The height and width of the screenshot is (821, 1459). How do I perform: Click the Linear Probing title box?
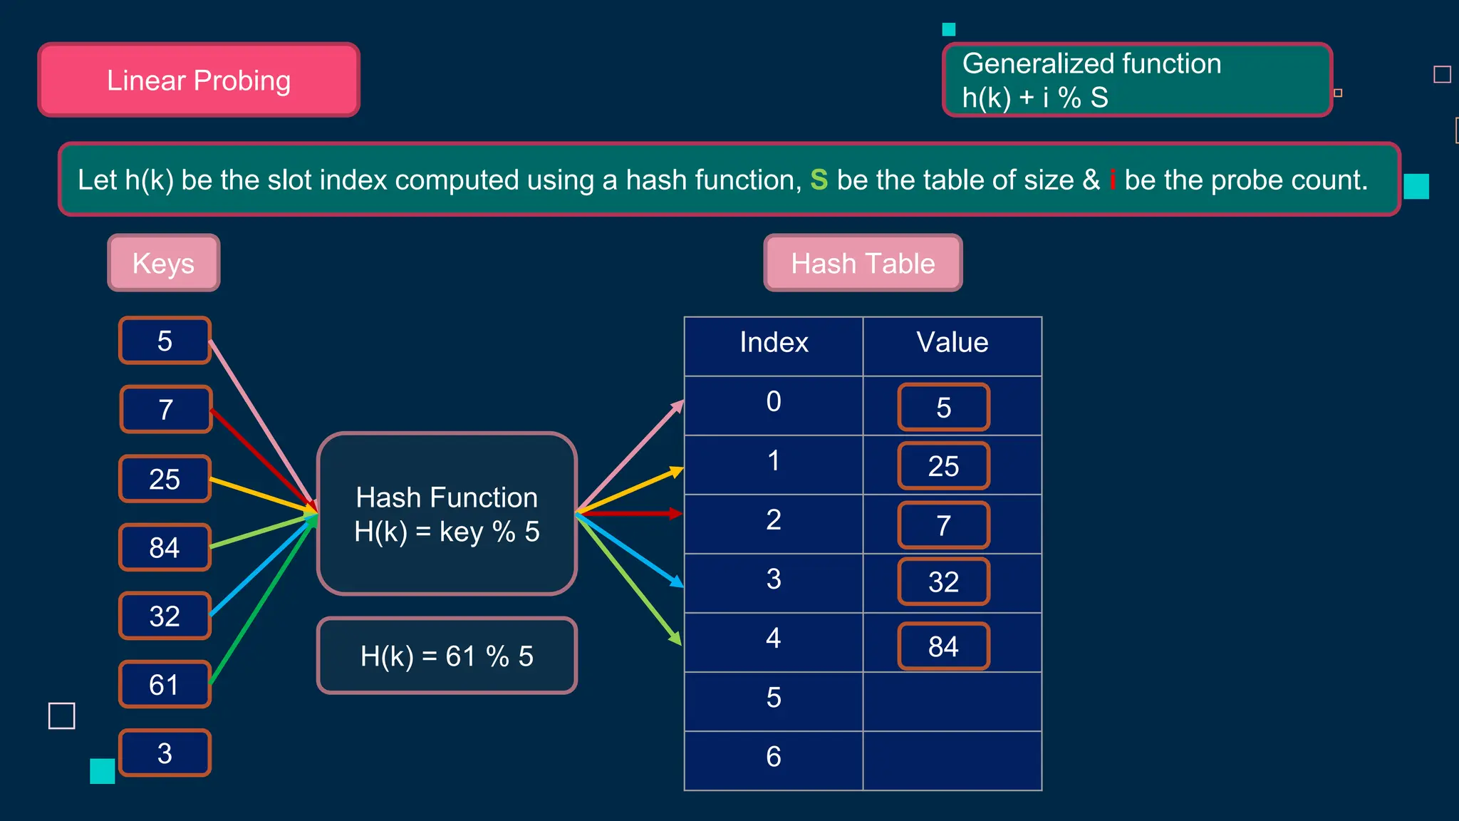[199, 80]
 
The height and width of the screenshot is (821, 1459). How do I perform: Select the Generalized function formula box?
[1137, 80]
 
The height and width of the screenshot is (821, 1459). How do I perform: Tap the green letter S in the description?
[819, 180]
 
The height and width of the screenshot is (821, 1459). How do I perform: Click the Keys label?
[164, 263]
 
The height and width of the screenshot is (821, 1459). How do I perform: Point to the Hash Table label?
[863, 263]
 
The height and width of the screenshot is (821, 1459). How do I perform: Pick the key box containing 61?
[165, 684]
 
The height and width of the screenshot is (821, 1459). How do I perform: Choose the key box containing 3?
[165, 753]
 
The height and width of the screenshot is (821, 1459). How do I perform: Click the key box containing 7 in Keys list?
[166, 409]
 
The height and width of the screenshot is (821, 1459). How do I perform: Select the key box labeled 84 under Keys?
[165, 547]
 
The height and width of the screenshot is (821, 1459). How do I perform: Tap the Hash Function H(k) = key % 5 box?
[447, 514]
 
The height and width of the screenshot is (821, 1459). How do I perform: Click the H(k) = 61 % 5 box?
[447, 656]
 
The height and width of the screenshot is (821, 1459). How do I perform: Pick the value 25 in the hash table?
[943, 466]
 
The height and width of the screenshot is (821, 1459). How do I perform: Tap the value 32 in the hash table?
[943, 582]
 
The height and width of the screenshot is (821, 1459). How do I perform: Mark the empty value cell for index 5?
[952, 701]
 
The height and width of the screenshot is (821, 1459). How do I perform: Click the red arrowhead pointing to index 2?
[675, 513]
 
